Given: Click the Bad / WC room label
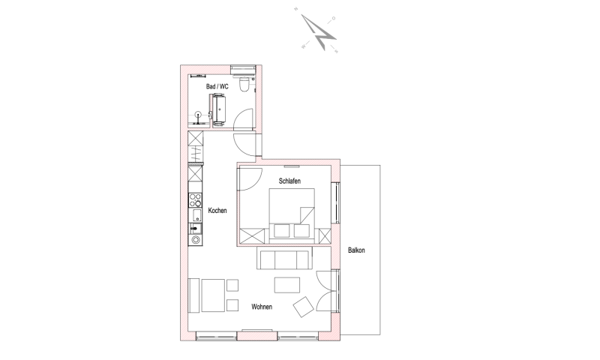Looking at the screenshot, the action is pyautogui.click(x=217, y=86).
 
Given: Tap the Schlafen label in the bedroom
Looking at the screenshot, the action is pyautogui.click(x=289, y=181).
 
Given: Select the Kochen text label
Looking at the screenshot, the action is pyautogui.click(x=217, y=211).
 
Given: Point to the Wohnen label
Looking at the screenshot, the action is pyautogui.click(x=262, y=307).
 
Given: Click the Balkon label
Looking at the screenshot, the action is pyautogui.click(x=356, y=250).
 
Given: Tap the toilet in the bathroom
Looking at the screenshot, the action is pyautogui.click(x=243, y=85).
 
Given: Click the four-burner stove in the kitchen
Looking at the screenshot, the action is pyautogui.click(x=195, y=199).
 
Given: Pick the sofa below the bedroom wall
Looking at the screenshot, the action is pyautogui.click(x=283, y=258).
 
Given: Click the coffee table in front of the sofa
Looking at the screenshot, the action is pyautogui.click(x=287, y=285).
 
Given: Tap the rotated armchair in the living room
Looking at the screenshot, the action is pyautogui.click(x=304, y=307).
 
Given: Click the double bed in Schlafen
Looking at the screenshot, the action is pyautogui.click(x=292, y=215).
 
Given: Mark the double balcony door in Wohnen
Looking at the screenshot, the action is pyautogui.click(x=326, y=291).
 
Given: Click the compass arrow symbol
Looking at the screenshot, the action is pyautogui.click(x=318, y=32).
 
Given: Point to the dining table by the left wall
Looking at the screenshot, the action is pyautogui.click(x=213, y=295).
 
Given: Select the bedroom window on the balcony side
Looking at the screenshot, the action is pyautogui.click(x=337, y=202).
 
